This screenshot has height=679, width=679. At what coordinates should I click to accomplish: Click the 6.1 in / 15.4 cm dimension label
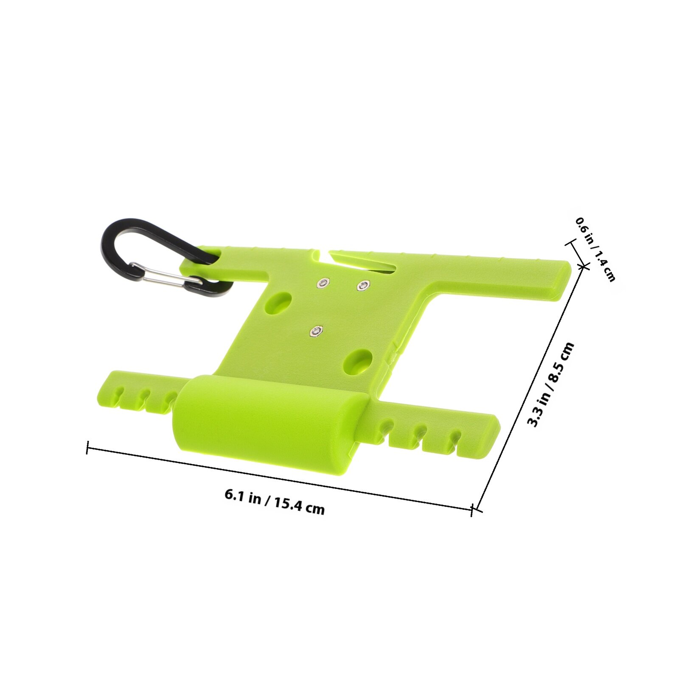click(275, 502)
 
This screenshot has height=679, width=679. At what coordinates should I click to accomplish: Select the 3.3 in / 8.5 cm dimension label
click(550, 385)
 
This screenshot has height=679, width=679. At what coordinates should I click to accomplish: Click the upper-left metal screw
click(323, 283)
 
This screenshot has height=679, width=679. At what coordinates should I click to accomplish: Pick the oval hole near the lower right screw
click(358, 362)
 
